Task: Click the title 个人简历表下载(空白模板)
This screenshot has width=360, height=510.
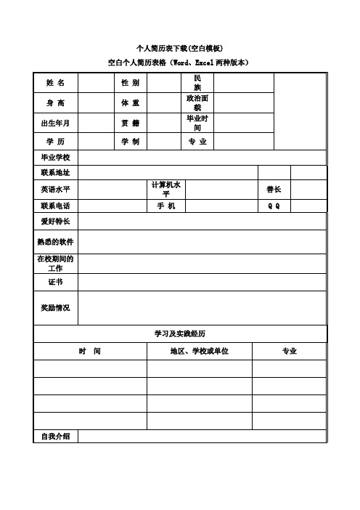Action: point(179,48)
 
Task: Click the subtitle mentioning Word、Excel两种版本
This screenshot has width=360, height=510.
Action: point(179,63)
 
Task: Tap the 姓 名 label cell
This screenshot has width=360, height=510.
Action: point(56,84)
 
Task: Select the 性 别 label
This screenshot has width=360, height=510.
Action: point(131,84)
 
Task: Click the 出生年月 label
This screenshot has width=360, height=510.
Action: point(56,123)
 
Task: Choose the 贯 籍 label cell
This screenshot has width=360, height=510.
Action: point(131,123)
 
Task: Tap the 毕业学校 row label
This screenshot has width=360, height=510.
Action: point(56,158)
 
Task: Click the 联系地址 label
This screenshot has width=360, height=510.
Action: point(56,173)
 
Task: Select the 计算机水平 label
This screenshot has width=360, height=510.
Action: point(166,189)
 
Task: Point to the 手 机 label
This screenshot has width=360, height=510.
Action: point(166,206)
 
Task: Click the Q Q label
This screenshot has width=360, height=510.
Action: point(274,206)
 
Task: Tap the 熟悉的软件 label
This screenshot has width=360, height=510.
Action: point(56,242)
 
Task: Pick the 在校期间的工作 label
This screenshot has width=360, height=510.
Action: point(56,263)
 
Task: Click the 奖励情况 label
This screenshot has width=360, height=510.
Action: point(56,308)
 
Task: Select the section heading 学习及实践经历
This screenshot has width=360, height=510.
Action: point(180,333)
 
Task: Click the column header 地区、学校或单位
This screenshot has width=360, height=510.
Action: point(199,352)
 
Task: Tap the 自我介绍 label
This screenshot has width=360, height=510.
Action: point(56,436)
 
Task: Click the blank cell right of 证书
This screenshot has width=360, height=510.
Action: point(202,282)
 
